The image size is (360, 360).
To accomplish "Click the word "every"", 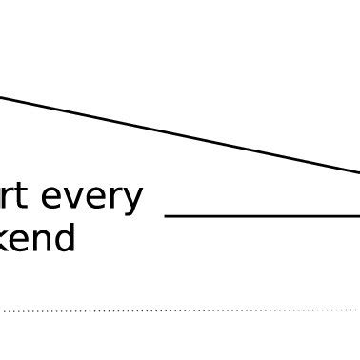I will click(x=90, y=197).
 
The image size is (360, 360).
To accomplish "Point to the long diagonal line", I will click(x=181, y=135).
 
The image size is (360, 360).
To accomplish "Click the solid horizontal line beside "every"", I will click(x=262, y=216).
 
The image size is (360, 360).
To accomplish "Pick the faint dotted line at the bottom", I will click(x=181, y=310).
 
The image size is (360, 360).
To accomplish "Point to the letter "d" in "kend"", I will click(x=64, y=236).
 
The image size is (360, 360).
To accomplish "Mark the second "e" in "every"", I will click(x=98, y=199).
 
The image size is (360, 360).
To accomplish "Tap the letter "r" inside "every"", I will click(x=116, y=199).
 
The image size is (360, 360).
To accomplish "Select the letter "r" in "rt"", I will click(x=9, y=198).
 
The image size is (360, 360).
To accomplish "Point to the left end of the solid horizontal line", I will click(x=167, y=216).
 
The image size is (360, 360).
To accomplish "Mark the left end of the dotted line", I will click(x=4, y=310).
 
